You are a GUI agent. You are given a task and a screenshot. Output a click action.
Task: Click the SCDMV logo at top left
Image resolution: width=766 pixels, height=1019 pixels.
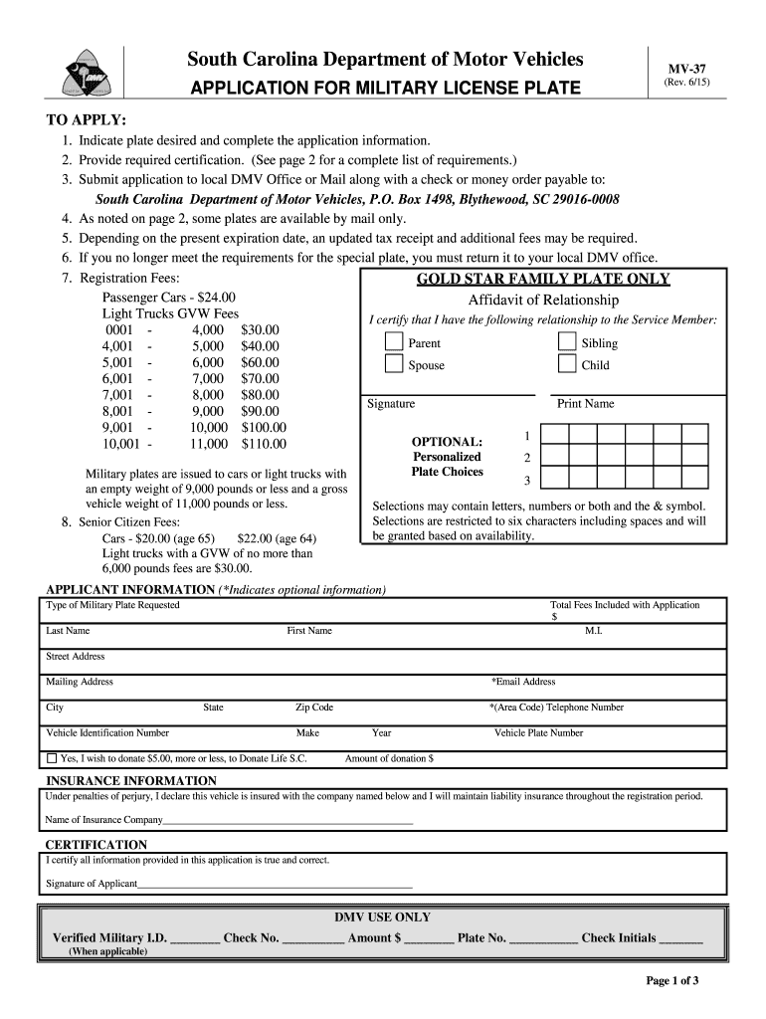pyautogui.click(x=84, y=76)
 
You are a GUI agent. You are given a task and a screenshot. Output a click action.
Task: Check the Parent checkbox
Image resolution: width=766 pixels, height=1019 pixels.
pyautogui.click(x=395, y=342)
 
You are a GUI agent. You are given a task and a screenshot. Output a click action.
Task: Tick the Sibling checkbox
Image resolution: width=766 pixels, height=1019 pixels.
pyautogui.click(x=567, y=342)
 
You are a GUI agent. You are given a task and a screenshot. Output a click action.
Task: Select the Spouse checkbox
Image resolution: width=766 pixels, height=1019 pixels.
pyautogui.click(x=395, y=365)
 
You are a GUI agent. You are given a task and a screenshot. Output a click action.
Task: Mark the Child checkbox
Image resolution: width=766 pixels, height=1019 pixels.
pyautogui.click(x=567, y=365)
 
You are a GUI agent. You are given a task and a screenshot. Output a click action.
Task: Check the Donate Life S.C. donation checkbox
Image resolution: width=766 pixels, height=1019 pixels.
pyautogui.click(x=53, y=758)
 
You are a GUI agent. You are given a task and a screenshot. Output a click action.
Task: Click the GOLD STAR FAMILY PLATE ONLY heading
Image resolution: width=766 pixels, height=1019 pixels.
pyautogui.click(x=542, y=279)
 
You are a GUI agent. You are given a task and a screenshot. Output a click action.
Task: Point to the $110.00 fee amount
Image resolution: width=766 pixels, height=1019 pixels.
pyautogui.click(x=264, y=444)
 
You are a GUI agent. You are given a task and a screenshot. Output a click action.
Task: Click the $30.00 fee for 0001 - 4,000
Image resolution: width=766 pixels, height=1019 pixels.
pyautogui.click(x=260, y=329)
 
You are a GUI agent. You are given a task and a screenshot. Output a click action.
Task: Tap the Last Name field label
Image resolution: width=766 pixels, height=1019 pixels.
pyautogui.click(x=68, y=631)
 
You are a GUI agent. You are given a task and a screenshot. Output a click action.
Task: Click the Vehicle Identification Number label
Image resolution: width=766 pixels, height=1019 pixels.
pyautogui.click(x=107, y=733)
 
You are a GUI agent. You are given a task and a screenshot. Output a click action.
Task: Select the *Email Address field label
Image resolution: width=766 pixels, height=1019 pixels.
pyautogui.click(x=523, y=682)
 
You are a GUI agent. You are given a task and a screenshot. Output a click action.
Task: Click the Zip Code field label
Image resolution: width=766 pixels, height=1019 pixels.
pyautogui.click(x=314, y=708)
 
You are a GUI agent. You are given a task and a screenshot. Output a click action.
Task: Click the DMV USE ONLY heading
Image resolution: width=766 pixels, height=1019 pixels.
pyautogui.click(x=382, y=917)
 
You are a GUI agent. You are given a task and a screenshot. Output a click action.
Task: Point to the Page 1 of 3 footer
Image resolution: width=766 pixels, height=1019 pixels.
pyautogui.click(x=672, y=981)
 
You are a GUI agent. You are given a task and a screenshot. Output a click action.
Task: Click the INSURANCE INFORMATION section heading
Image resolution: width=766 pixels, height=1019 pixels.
pyautogui.click(x=131, y=781)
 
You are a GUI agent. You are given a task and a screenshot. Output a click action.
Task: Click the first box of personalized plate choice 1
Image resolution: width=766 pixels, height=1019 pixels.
pyautogui.click(x=554, y=435)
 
